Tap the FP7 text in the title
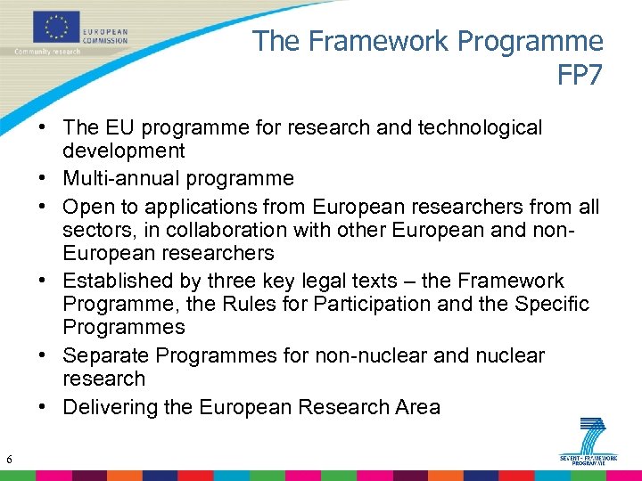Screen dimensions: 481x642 (580, 74)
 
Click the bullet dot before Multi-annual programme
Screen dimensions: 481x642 (43, 178)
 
